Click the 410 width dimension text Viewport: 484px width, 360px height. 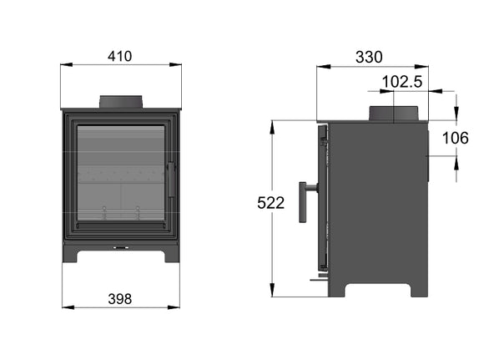pos(120,56)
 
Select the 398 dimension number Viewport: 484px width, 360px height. pos(120,298)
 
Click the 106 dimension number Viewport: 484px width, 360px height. pos(455,138)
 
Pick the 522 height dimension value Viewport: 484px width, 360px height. pos(272,202)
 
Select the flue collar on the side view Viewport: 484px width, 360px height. pos(394,114)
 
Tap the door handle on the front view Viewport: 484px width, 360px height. pos(172,180)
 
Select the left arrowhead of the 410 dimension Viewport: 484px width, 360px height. pos(63,65)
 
